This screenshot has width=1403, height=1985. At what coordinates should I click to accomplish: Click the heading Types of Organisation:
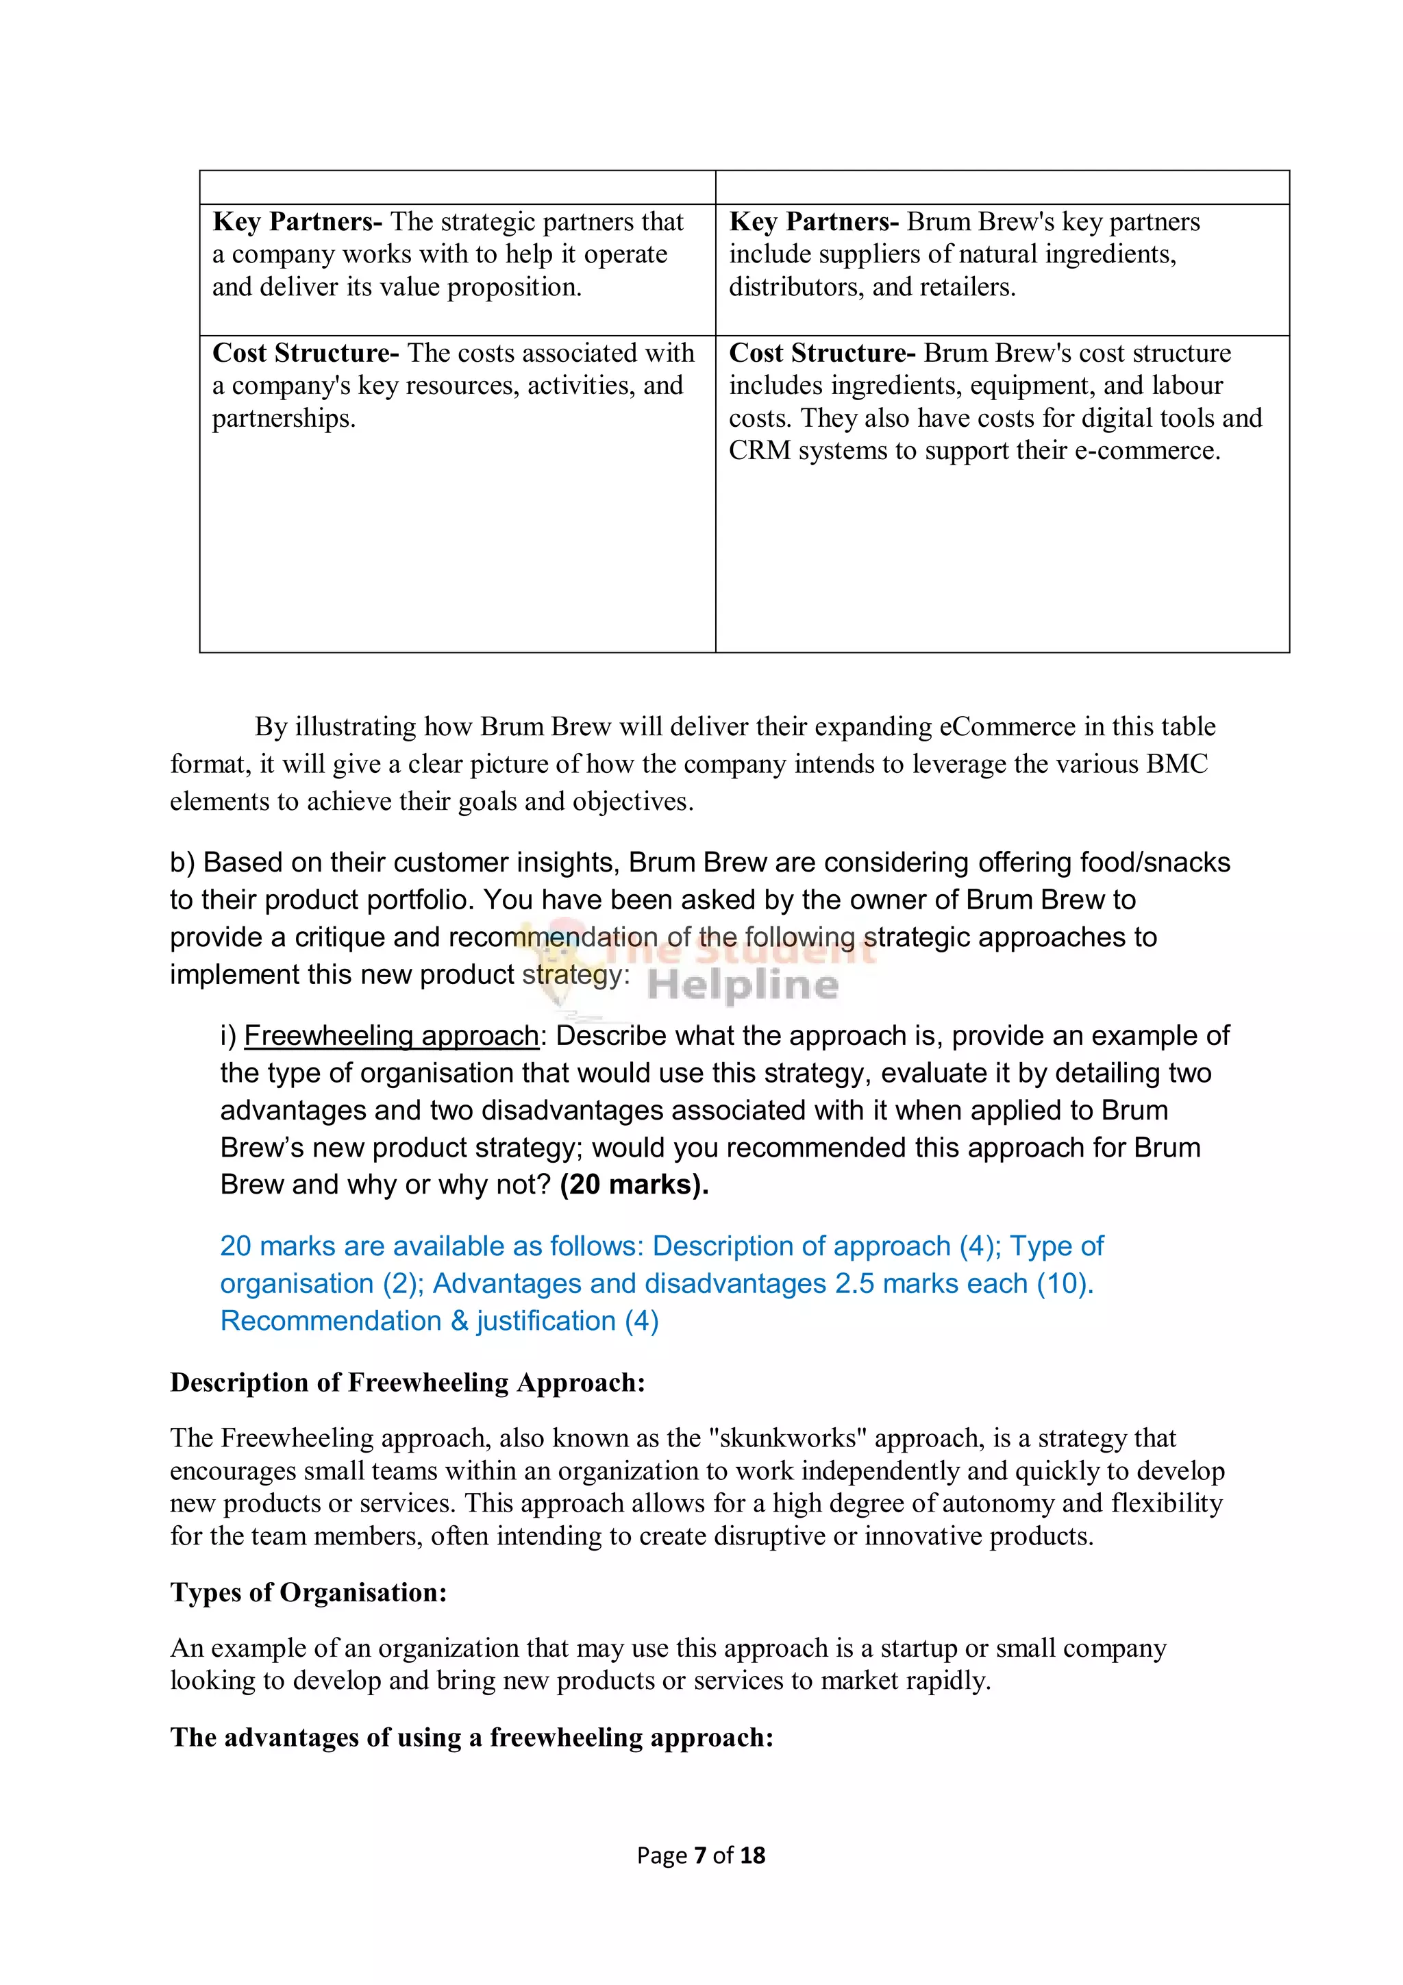point(308,1592)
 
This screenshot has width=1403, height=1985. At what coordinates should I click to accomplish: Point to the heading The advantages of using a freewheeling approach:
point(471,1737)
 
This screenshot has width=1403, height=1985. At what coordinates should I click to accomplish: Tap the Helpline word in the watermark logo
point(743,985)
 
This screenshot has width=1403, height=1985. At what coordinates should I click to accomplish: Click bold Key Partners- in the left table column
point(297,221)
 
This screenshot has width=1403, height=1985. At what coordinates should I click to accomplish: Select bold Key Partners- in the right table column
point(813,221)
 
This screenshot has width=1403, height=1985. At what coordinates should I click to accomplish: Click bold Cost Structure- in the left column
point(305,353)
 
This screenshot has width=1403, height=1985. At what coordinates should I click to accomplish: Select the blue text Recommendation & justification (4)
point(439,1320)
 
